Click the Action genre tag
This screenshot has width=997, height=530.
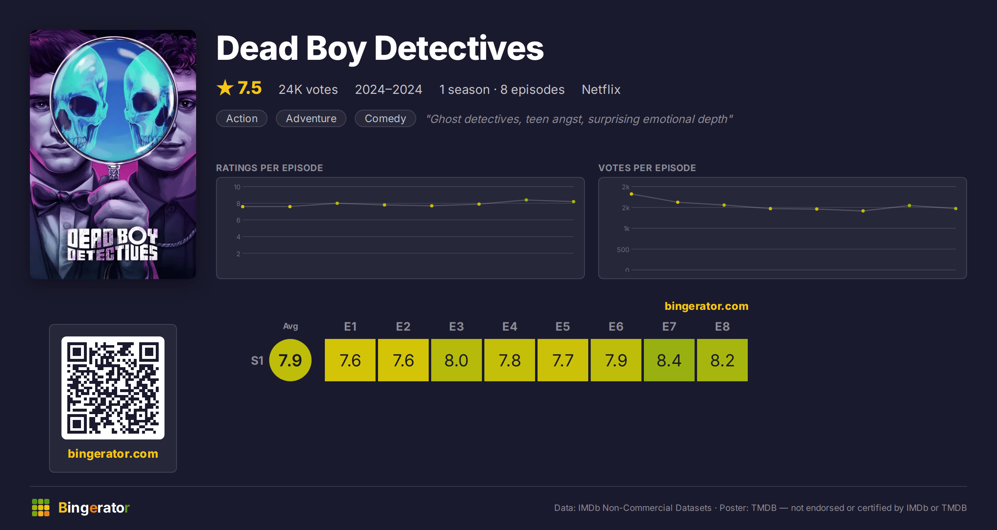(242, 118)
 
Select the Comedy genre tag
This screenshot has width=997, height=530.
(385, 118)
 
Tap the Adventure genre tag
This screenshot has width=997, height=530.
(311, 118)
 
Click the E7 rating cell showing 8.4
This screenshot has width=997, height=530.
(669, 360)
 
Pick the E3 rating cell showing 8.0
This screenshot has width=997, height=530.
(457, 360)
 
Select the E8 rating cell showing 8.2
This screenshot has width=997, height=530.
(722, 360)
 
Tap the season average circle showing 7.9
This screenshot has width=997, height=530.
(290, 360)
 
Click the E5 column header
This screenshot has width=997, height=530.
(563, 326)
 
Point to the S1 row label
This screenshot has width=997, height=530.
(257, 361)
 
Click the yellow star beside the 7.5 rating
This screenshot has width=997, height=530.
(225, 88)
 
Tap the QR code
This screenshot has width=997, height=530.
(113, 388)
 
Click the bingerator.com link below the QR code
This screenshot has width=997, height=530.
(113, 454)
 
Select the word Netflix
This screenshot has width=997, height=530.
(601, 89)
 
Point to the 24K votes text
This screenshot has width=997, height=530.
(308, 89)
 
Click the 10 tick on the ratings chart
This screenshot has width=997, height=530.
(237, 187)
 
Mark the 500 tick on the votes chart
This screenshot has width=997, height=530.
(623, 250)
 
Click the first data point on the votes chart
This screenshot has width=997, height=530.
(631, 194)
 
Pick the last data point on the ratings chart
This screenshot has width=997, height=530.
(574, 201)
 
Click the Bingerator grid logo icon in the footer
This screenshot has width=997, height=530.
(41, 508)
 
